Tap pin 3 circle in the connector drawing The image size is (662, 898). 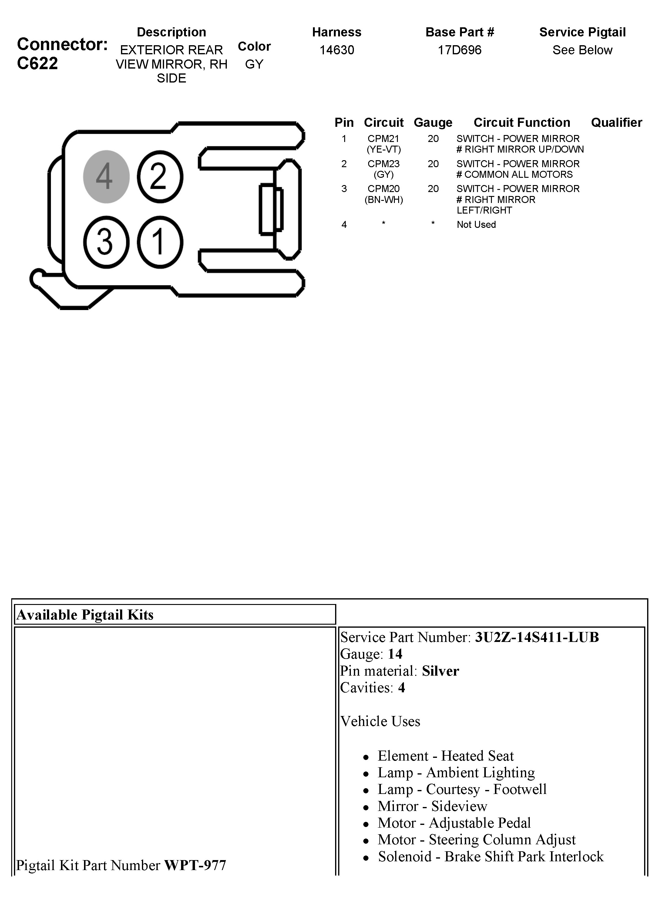[x=106, y=242]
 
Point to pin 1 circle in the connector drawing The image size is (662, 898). [x=160, y=242]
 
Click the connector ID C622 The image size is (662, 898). [x=37, y=63]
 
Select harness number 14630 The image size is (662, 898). [x=337, y=50]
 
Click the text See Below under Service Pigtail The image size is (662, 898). [x=582, y=50]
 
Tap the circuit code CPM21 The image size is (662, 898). [x=384, y=139]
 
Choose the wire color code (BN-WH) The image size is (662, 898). [x=384, y=200]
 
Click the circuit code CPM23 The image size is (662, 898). [x=384, y=164]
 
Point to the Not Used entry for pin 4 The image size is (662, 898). [x=476, y=224]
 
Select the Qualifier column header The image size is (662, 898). [x=616, y=122]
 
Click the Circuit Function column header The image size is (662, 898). [x=522, y=122]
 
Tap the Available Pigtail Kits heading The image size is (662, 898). [x=85, y=615]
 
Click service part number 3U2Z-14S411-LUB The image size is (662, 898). [x=536, y=637]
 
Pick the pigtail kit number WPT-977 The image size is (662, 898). [x=195, y=865]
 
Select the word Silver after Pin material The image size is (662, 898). [x=440, y=671]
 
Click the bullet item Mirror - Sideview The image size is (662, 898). [x=432, y=806]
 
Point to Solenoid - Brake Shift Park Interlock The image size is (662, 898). [x=490, y=856]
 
